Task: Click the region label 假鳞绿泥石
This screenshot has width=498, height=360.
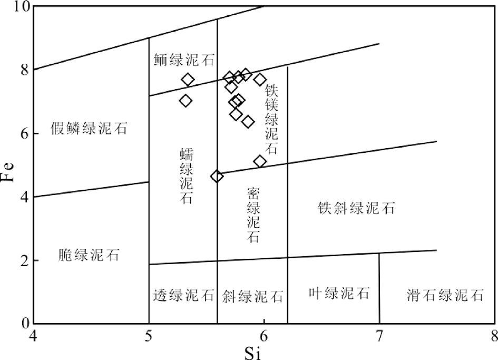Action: (x=90, y=128)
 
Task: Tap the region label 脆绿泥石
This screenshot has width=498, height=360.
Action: (x=90, y=256)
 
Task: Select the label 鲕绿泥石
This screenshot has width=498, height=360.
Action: (x=184, y=60)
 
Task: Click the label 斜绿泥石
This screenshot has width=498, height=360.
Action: (x=253, y=295)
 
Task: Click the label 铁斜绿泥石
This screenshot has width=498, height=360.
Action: (x=356, y=208)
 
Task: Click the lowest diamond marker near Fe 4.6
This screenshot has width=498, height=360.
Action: (x=217, y=176)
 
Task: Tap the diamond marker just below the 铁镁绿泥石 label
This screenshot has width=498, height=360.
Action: (x=260, y=161)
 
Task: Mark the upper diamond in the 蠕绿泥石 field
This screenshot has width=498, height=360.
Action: (x=188, y=80)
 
